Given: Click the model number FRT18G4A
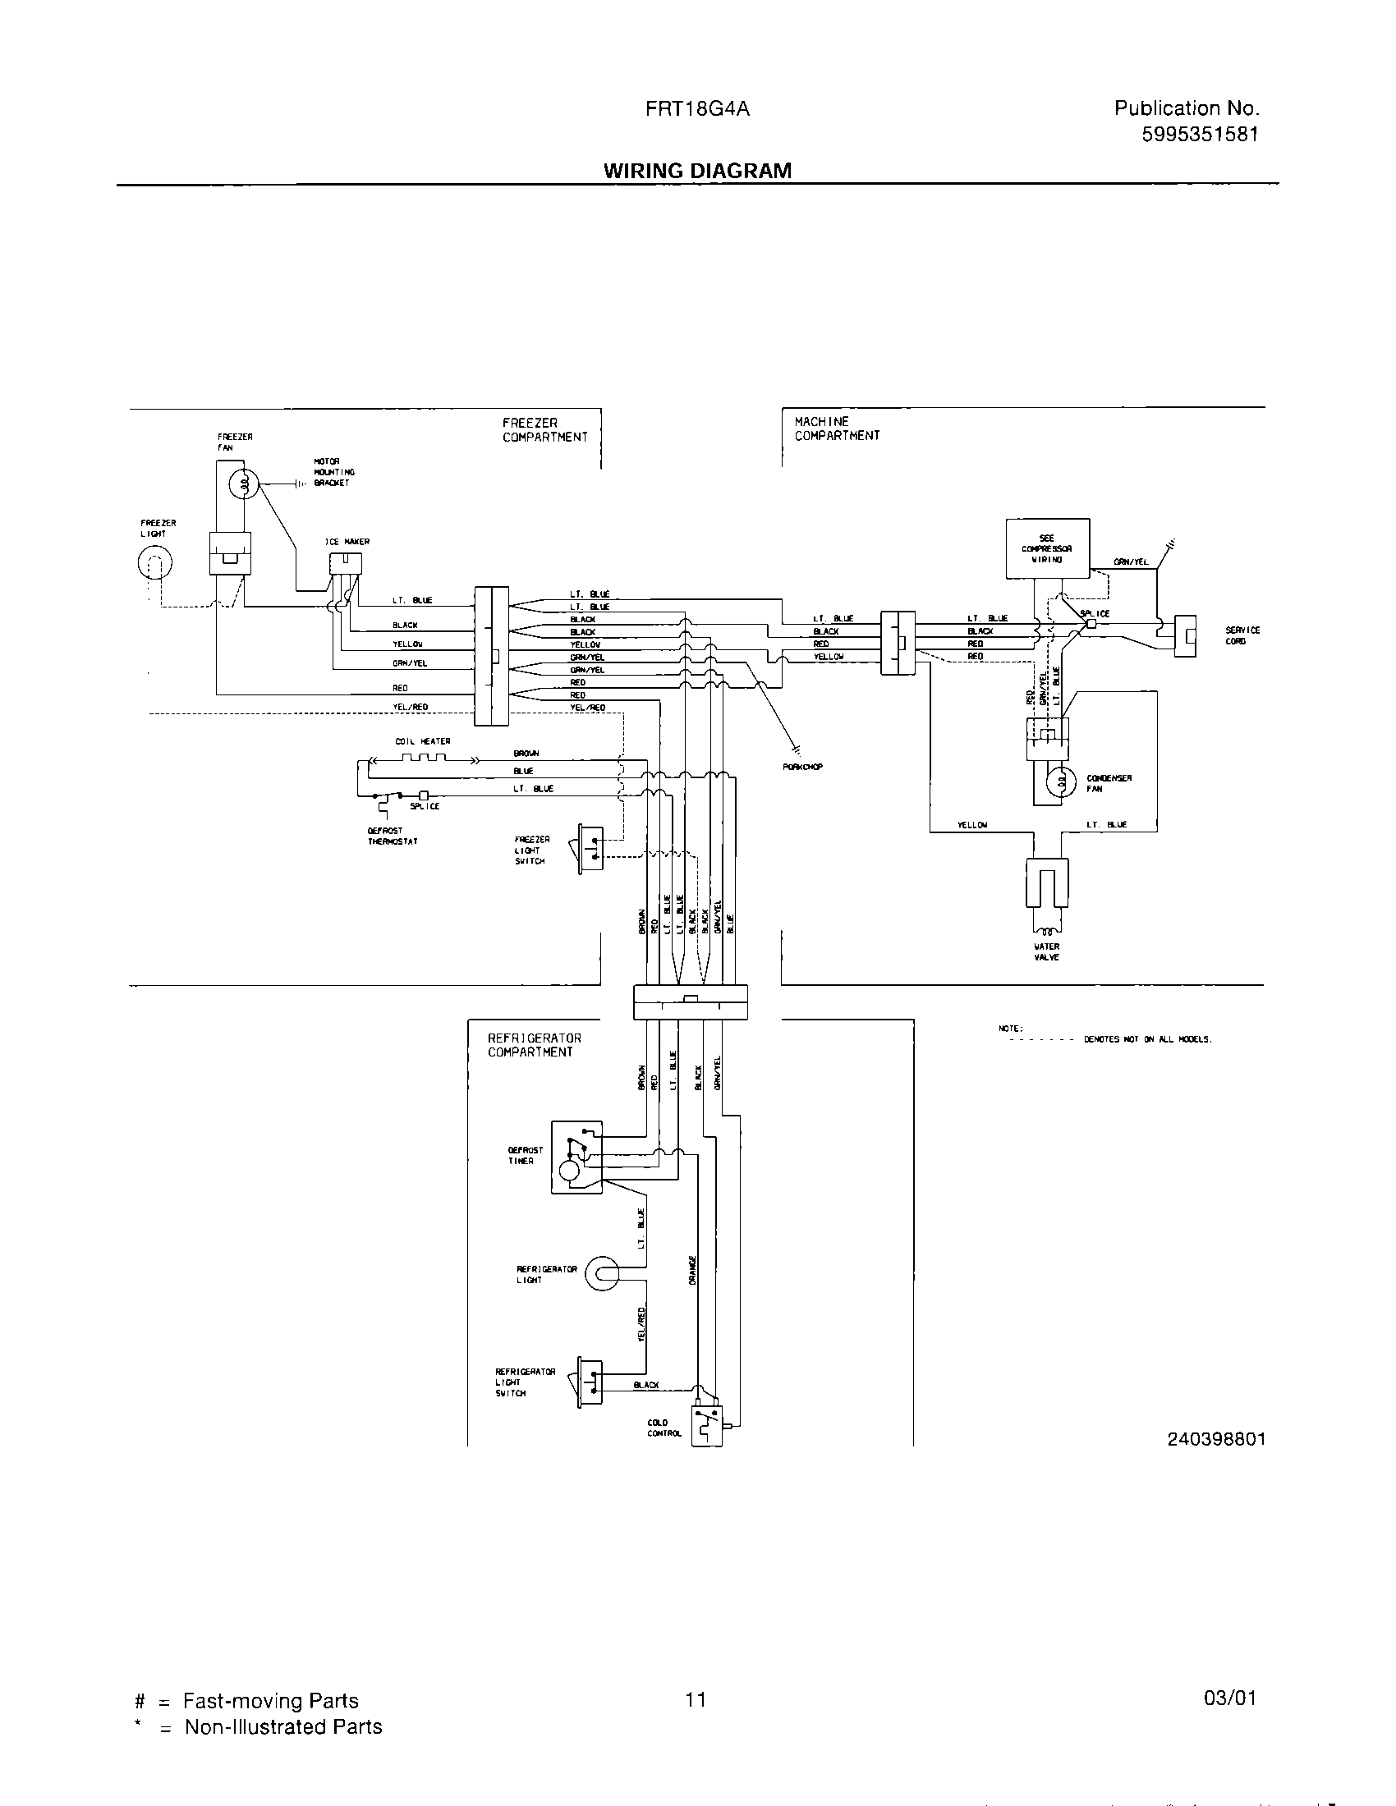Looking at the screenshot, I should click(697, 108).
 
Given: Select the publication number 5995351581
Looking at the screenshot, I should click(1199, 135).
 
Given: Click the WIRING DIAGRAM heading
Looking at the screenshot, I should click(697, 171).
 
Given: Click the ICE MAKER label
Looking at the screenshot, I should click(347, 542).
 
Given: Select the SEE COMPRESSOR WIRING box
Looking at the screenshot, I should click(1047, 548).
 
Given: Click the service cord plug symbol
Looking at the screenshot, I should click(1186, 636).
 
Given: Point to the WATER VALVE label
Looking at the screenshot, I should click(1046, 951).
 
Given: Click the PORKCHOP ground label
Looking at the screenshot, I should click(802, 767).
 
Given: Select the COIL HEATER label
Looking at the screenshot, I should click(423, 741).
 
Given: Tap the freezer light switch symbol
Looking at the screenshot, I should click(590, 849).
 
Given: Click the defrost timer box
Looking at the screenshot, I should click(576, 1157).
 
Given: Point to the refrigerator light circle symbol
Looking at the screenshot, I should click(600, 1274).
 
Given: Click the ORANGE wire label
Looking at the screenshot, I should click(693, 1270).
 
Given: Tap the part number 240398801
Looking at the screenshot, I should click(1215, 1439).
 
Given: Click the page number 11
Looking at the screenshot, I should click(696, 1699).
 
